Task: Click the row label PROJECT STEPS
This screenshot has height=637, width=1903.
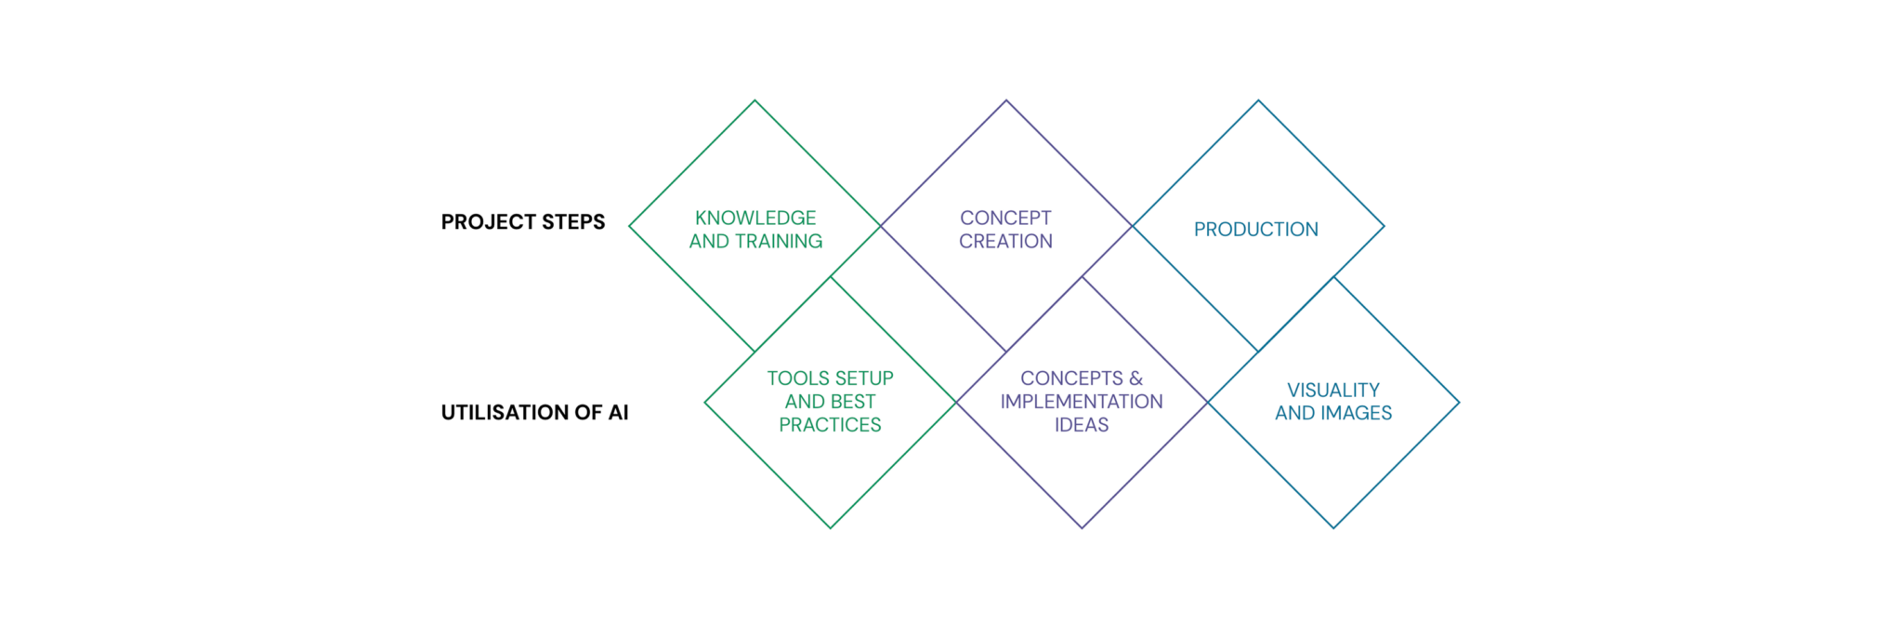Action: [x=523, y=222]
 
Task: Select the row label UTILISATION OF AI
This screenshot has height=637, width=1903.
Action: [x=535, y=413]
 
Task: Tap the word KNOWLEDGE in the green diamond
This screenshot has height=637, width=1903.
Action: [x=755, y=218]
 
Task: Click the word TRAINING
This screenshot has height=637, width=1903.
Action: [x=779, y=241]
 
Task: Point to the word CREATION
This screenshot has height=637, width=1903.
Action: [x=1005, y=241]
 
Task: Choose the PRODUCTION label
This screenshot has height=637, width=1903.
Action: [x=1256, y=230]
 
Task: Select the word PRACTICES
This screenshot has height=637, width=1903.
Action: [x=830, y=425]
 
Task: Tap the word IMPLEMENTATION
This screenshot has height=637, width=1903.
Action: [x=1082, y=402]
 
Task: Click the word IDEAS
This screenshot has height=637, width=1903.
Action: [x=1082, y=425]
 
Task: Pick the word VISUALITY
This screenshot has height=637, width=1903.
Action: [x=1333, y=390]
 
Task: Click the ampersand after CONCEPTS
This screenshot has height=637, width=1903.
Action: [x=1135, y=378]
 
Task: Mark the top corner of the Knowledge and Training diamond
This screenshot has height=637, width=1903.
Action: [x=755, y=100]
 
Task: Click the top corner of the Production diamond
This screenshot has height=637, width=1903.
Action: [x=1258, y=100]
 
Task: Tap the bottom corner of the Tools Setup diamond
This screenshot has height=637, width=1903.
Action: [x=831, y=528]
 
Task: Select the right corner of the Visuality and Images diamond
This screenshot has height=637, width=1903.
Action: [x=1459, y=403]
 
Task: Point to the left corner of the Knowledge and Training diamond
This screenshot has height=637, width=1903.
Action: [x=629, y=226]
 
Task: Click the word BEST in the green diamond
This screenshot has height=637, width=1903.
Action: [x=854, y=402]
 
